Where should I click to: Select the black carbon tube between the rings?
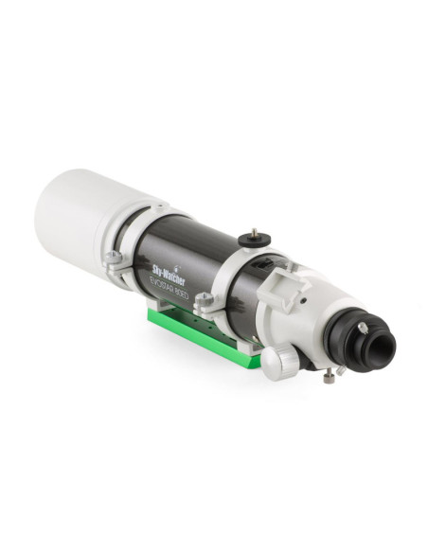[189, 256]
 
